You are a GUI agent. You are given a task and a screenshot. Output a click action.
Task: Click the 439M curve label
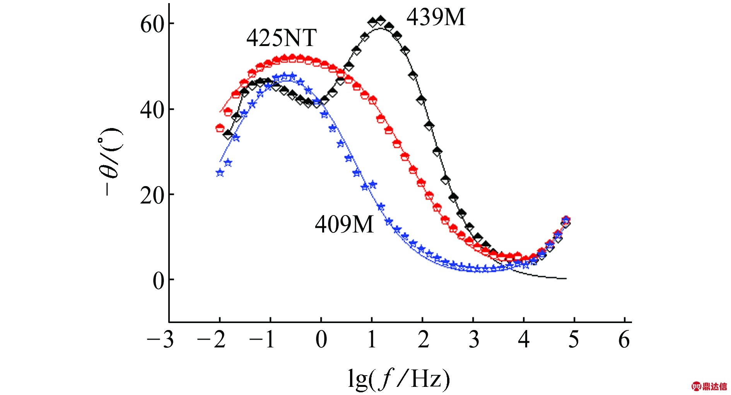(436, 17)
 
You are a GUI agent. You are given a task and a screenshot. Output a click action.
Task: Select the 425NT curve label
(281, 38)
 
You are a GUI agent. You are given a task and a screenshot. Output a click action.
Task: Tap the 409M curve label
(344, 224)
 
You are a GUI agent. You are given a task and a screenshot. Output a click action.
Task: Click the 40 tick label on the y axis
(152, 109)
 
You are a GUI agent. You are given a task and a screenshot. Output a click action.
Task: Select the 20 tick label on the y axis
(152, 195)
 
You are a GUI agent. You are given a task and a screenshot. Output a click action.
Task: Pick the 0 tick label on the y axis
(158, 280)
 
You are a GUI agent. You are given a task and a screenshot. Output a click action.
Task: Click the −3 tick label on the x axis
(160, 340)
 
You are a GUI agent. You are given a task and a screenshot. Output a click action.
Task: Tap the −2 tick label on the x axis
(211, 340)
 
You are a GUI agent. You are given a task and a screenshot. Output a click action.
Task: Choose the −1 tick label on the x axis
(262, 340)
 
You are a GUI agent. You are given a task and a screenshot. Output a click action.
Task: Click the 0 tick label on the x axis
(321, 340)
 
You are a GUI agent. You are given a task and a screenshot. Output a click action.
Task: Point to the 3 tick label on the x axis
(473, 340)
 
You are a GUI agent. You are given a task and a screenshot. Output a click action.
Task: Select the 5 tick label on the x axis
(574, 340)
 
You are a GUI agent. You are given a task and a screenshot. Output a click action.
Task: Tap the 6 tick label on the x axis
(624, 340)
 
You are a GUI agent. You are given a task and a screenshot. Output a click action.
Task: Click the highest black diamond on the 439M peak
(381, 21)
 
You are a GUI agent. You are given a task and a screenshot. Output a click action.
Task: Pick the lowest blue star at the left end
(220, 173)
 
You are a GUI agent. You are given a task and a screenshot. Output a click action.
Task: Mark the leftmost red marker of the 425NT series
(220, 128)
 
